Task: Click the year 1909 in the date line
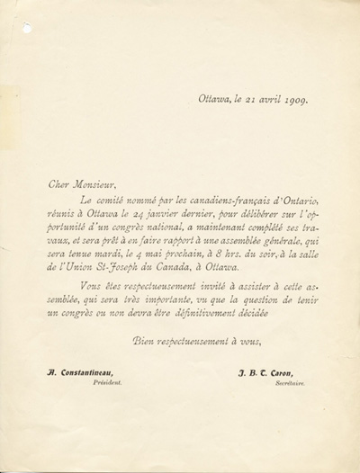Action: coord(290,100)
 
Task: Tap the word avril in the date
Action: coord(256,100)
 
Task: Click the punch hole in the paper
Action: coord(27,28)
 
